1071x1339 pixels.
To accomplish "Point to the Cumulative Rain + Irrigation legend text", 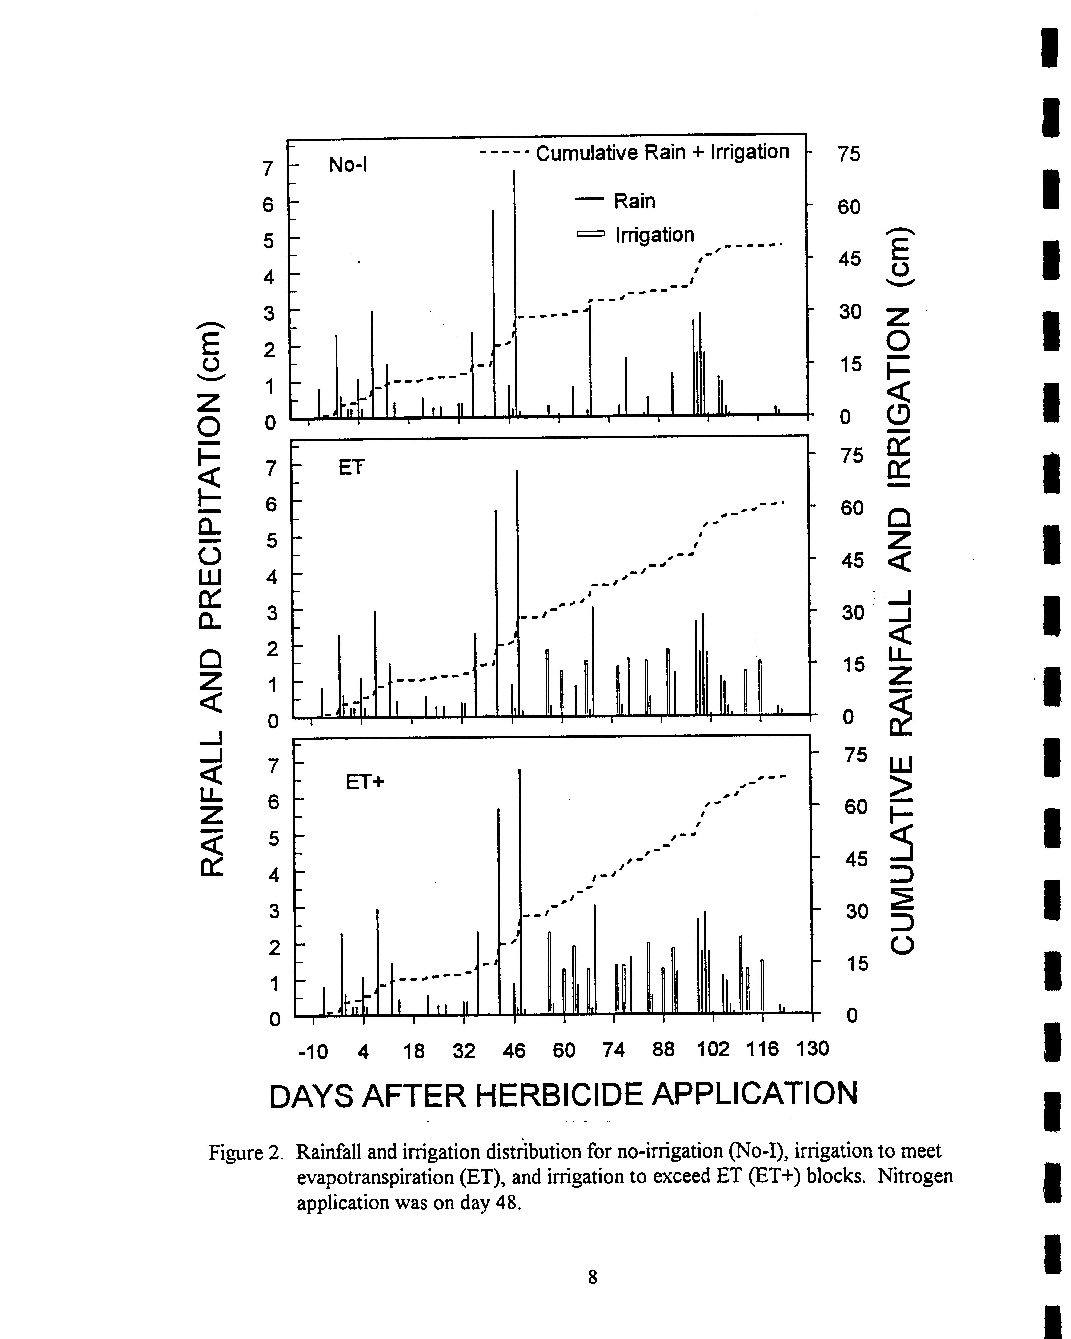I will tap(662, 152).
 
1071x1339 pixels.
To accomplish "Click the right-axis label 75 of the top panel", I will tap(849, 153).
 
